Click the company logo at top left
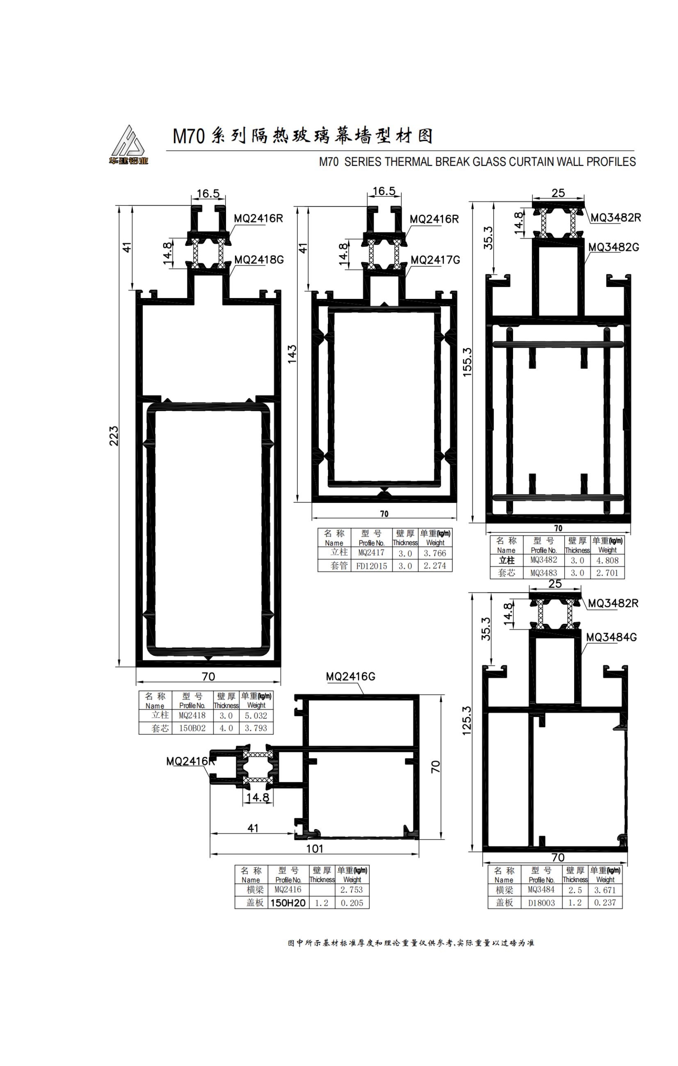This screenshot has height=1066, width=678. pos(129,145)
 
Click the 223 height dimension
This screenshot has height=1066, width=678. pos(114,436)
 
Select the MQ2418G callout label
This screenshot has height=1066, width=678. pos(259,259)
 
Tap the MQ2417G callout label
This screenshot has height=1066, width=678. pos(435,260)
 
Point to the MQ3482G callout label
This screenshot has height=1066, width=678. pos(614,247)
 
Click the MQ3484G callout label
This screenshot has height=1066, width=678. pos(611,637)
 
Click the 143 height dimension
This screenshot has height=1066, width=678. pos(292,354)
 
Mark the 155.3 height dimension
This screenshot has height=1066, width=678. pos(468,362)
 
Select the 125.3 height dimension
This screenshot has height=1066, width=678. pos(467,721)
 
